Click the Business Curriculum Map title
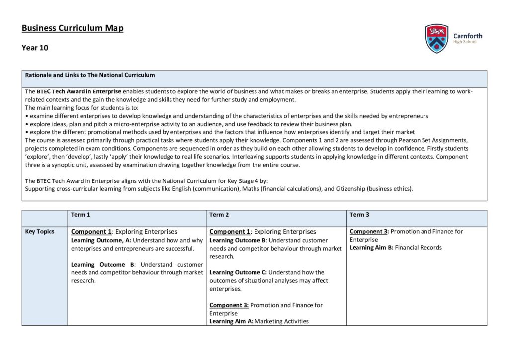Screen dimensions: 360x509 [x=73, y=28]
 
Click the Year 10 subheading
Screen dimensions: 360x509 [x=35, y=48]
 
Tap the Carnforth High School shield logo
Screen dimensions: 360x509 [x=437, y=38]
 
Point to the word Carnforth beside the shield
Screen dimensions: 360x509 [x=467, y=36]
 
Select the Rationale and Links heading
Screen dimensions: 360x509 [x=90, y=75]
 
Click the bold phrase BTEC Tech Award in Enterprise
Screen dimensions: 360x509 [x=79, y=92]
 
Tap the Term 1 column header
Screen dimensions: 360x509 [x=81, y=215]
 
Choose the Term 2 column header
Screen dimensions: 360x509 [x=219, y=215]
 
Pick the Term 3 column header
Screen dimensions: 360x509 [x=359, y=215]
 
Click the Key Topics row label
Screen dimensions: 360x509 [x=40, y=231]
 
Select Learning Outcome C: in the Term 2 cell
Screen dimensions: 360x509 [x=238, y=272]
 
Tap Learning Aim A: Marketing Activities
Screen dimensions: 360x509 [x=258, y=321]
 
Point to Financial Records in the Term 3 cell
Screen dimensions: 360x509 [x=418, y=248]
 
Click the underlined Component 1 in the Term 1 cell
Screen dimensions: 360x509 [x=91, y=232]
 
